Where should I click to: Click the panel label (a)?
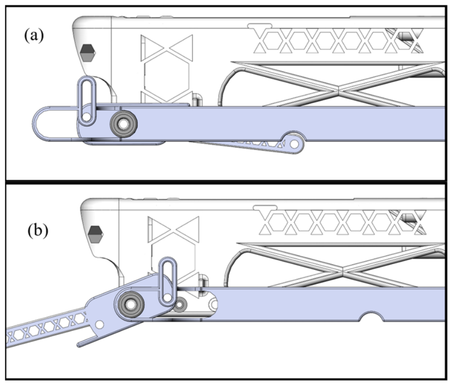coord(34,36)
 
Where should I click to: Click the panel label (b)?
coord(38,231)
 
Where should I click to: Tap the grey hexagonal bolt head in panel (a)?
coord(88,52)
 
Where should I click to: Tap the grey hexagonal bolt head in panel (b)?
coord(95,234)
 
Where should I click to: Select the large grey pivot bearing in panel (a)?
coord(124,124)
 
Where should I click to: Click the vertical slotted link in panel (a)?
coord(86,101)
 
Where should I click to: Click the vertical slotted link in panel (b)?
coord(167,281)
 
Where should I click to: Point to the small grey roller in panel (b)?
coord(180,305)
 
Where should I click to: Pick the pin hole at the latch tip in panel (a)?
coord(294,144)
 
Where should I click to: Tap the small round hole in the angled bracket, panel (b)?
coord(99,325)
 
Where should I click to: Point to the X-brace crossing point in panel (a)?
coord(338,90)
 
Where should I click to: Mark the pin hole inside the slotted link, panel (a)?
coord(86,117)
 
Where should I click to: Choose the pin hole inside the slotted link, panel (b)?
coord(167,297)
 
